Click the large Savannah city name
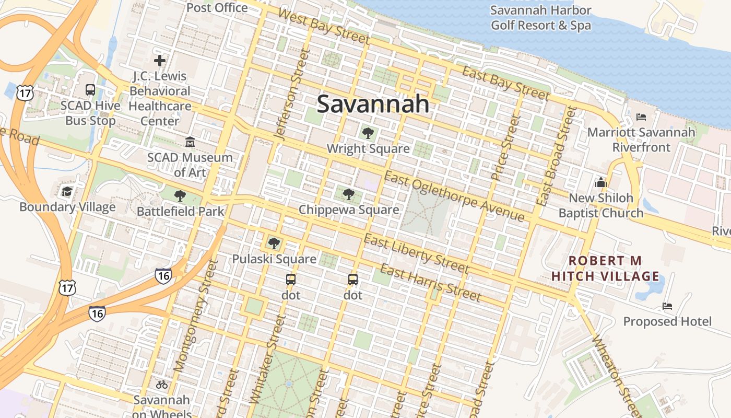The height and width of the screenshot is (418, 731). [373, 104]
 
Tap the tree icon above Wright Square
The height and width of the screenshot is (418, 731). [368, 133]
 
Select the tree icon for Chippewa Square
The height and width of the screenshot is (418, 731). [349, 194]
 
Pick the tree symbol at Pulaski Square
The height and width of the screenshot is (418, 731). [274, 243]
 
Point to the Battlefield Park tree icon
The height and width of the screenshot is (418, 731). [180, 196]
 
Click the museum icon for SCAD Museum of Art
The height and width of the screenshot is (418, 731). [190, 142]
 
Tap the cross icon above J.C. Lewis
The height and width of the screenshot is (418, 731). [160, 61]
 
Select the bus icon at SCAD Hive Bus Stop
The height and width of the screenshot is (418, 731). [90, 89]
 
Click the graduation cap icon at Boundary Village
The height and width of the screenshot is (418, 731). [67, 191]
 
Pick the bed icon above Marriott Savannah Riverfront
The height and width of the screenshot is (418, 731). [641, 117]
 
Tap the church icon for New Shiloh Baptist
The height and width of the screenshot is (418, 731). [601, 182]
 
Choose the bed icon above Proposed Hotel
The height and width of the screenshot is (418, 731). [667, 306]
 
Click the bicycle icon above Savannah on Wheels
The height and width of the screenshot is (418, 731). [162, 385]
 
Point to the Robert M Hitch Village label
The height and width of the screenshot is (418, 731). [606, 268]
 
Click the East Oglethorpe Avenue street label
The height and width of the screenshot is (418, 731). [454, 195]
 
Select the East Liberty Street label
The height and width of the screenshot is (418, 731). [416, 253]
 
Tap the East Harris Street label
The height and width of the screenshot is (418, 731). [430, 283]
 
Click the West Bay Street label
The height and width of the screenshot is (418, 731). [324, 25]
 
